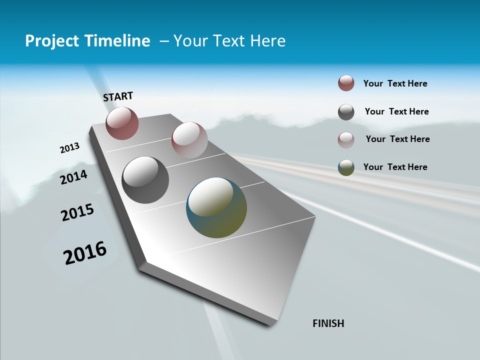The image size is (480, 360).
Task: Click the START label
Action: (118, 96)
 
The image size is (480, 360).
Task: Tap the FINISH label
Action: (328, 323)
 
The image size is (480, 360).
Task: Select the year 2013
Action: (70, 147)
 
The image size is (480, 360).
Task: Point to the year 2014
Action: (74, 177)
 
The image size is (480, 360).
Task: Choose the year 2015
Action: (77, 212)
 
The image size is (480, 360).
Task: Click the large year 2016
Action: (85, 253)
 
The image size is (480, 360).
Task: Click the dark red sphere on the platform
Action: (122, 123)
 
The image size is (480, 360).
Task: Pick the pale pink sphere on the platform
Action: (189, 139)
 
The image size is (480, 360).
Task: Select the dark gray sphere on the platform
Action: (145, 179)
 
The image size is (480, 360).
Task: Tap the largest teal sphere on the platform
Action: (216, 207)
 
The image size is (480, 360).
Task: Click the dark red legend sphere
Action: (346, 83)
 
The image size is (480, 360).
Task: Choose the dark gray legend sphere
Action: (346, 112)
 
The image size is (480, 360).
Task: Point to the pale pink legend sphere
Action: (346, 140)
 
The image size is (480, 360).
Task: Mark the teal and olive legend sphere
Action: (346, 167)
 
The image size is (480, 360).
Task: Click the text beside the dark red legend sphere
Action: (395, 83)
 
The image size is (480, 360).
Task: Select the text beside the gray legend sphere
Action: (396, 111)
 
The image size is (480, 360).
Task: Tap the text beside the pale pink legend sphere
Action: (397, 139)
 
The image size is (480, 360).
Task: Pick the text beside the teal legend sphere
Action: (395, 167)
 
